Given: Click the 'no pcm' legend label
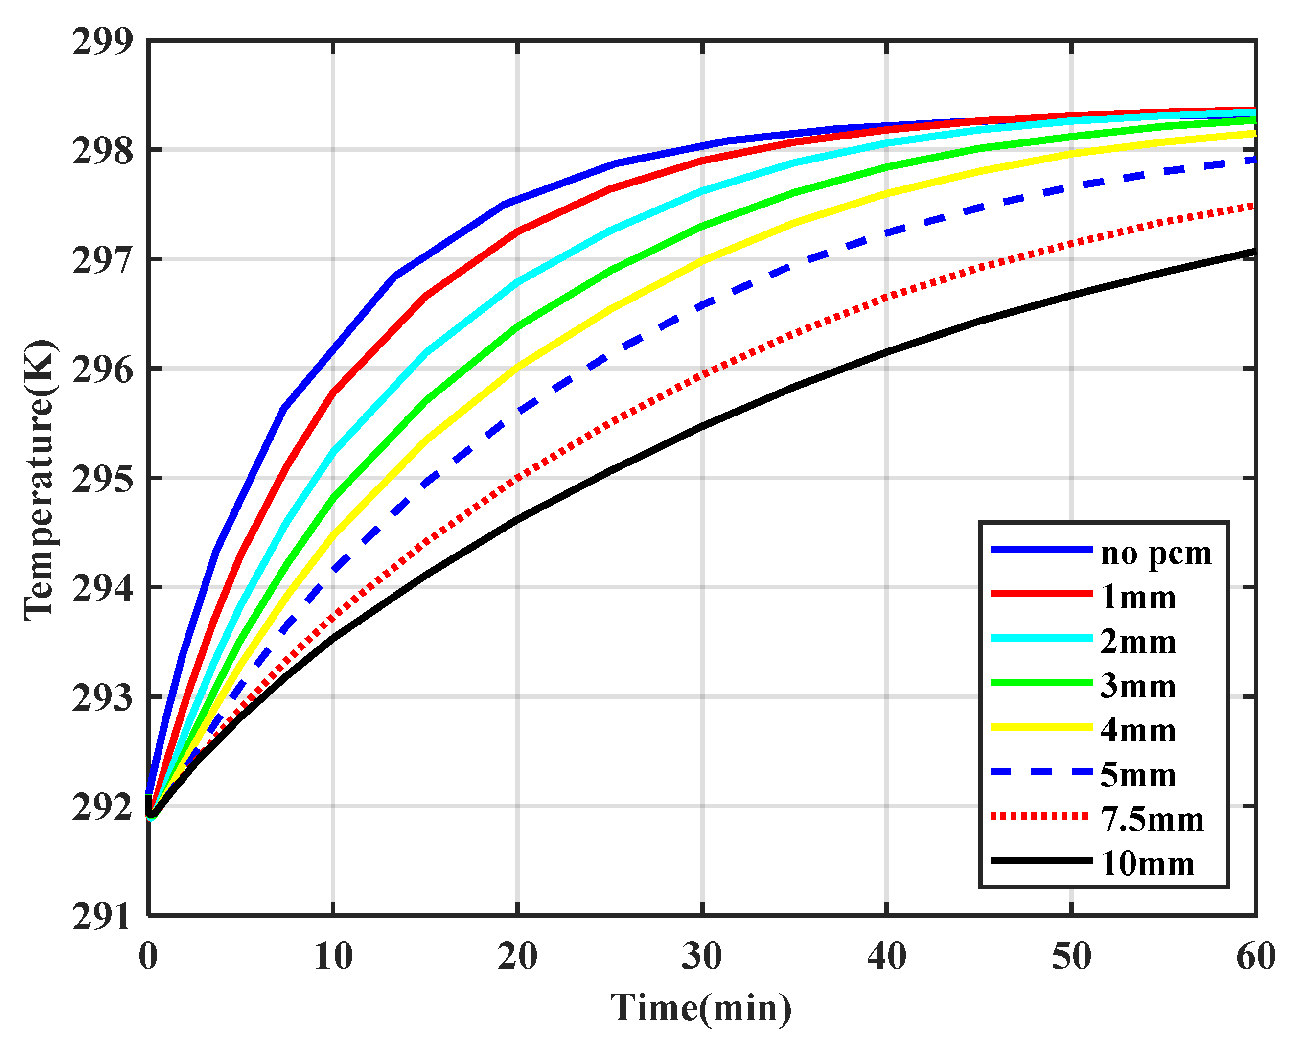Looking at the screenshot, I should [x=1155, y=554].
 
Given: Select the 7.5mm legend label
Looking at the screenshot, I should [x=1152, y=819].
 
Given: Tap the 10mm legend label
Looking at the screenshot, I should [x=1147, y=864].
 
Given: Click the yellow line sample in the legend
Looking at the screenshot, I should [x=1041, y=727].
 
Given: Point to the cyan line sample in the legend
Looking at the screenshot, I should [x=1041, y=639].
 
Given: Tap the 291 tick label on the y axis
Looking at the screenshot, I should [x=101, y=918].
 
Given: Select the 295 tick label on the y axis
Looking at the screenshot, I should [x=101, y=480].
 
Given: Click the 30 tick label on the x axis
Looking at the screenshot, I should [x=702, y=956].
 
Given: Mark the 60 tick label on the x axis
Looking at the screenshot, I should [x=1256, y=956].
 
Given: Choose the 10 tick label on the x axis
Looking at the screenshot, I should [x=333, y=956].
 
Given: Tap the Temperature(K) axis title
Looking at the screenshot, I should [x=40, y=480].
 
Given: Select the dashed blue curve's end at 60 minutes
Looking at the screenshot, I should [x=1253, y=160].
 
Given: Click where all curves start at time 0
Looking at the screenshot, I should [x=149, y=807].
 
